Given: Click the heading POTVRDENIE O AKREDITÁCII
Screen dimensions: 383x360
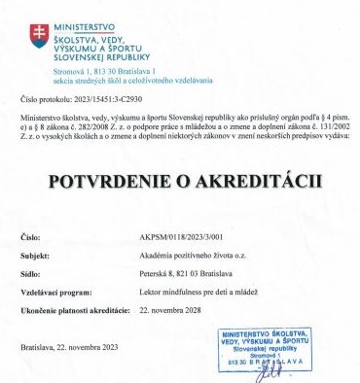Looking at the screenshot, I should tap(180, 182).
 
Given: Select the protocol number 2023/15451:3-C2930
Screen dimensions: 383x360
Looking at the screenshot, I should tap(110, 98).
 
